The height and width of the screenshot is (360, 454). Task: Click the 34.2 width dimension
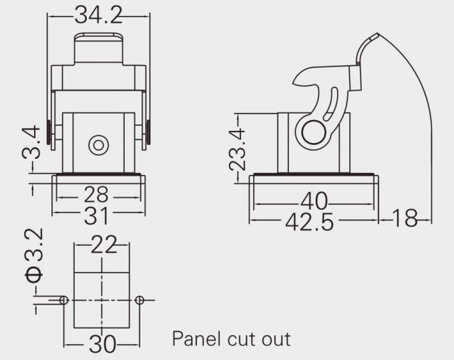point(97,14)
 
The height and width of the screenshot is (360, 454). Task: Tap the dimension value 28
point(97,195)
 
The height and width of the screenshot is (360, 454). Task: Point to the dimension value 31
point(97,216)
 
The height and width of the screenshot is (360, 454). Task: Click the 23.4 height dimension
point(238,150)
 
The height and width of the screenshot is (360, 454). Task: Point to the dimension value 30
point(101,345)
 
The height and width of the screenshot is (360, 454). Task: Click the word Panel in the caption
point(196,339)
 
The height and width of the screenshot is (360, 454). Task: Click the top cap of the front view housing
point(98,47)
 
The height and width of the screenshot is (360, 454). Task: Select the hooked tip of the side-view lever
point(298,80)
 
